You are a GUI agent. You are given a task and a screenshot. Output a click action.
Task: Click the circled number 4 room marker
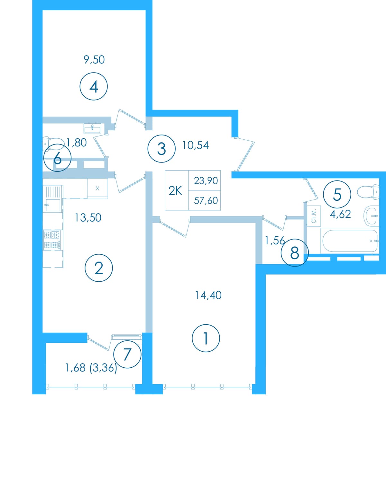94,86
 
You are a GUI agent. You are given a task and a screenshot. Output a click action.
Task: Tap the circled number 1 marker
206,338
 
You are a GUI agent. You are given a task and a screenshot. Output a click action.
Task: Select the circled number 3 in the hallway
161,149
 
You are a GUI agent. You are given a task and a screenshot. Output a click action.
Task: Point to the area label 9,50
94,60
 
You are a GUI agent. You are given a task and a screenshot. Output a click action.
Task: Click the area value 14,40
208,295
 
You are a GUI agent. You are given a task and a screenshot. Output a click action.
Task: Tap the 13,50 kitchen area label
88,218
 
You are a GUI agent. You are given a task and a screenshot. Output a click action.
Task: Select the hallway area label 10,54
196,145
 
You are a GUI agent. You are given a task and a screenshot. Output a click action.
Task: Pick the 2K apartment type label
175,191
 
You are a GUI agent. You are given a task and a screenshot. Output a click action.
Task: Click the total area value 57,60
206,201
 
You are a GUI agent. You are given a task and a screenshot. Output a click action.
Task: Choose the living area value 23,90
206,181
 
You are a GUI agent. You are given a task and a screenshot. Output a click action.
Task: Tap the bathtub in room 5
350,241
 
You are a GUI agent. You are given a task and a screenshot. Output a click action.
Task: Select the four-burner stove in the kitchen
52,240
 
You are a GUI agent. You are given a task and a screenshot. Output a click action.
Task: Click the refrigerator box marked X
97,188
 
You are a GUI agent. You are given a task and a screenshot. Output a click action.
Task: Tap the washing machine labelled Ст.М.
314,216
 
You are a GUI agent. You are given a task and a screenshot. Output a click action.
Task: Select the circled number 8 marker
295,253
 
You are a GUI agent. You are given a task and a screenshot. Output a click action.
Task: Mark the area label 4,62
340,214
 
